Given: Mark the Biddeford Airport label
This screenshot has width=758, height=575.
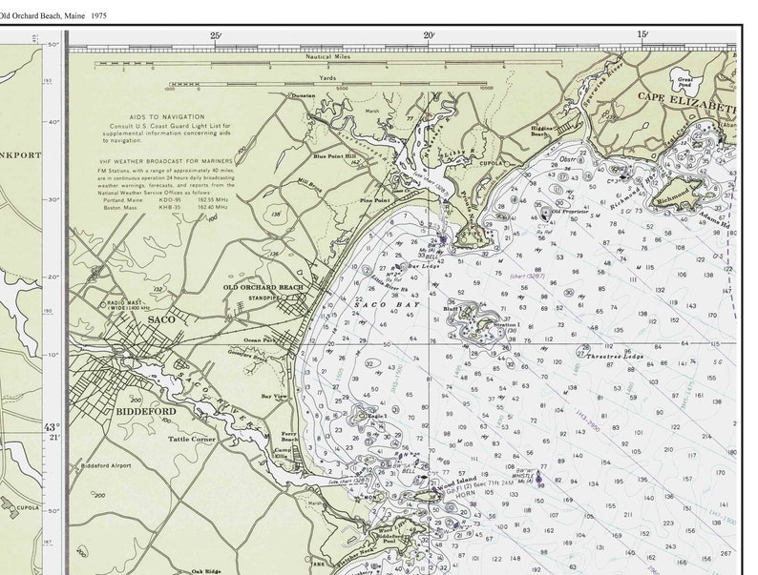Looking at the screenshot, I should tap(107, 466).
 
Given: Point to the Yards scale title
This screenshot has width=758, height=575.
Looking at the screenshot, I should tap(327, 79).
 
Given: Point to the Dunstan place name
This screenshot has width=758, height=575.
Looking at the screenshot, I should tap(304, 96).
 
